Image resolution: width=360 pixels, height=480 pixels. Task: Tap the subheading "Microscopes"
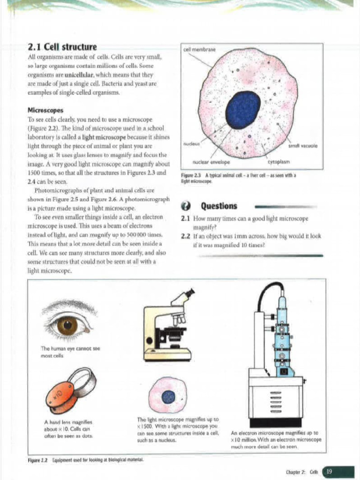pyautogui.click(x=46, y=111)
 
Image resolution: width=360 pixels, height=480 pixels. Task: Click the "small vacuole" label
pyautogui.click(x=306, y=146)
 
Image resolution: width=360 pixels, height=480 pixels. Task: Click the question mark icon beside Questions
pyautogui.click(x=186, y=206)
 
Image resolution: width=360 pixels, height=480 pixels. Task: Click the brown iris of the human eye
pyautogui.click(x=67, y=325)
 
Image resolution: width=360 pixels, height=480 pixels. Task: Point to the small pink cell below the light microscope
pyautogui.click(x=167, y=395)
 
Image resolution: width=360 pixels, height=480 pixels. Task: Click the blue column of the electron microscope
pyautogui.click(x=282, y=337)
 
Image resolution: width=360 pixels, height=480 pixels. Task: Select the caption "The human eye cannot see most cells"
pyautogui.click(x=70, y=352)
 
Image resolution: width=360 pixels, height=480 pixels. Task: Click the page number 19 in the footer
pyautogui.click(x=329, y=471)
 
